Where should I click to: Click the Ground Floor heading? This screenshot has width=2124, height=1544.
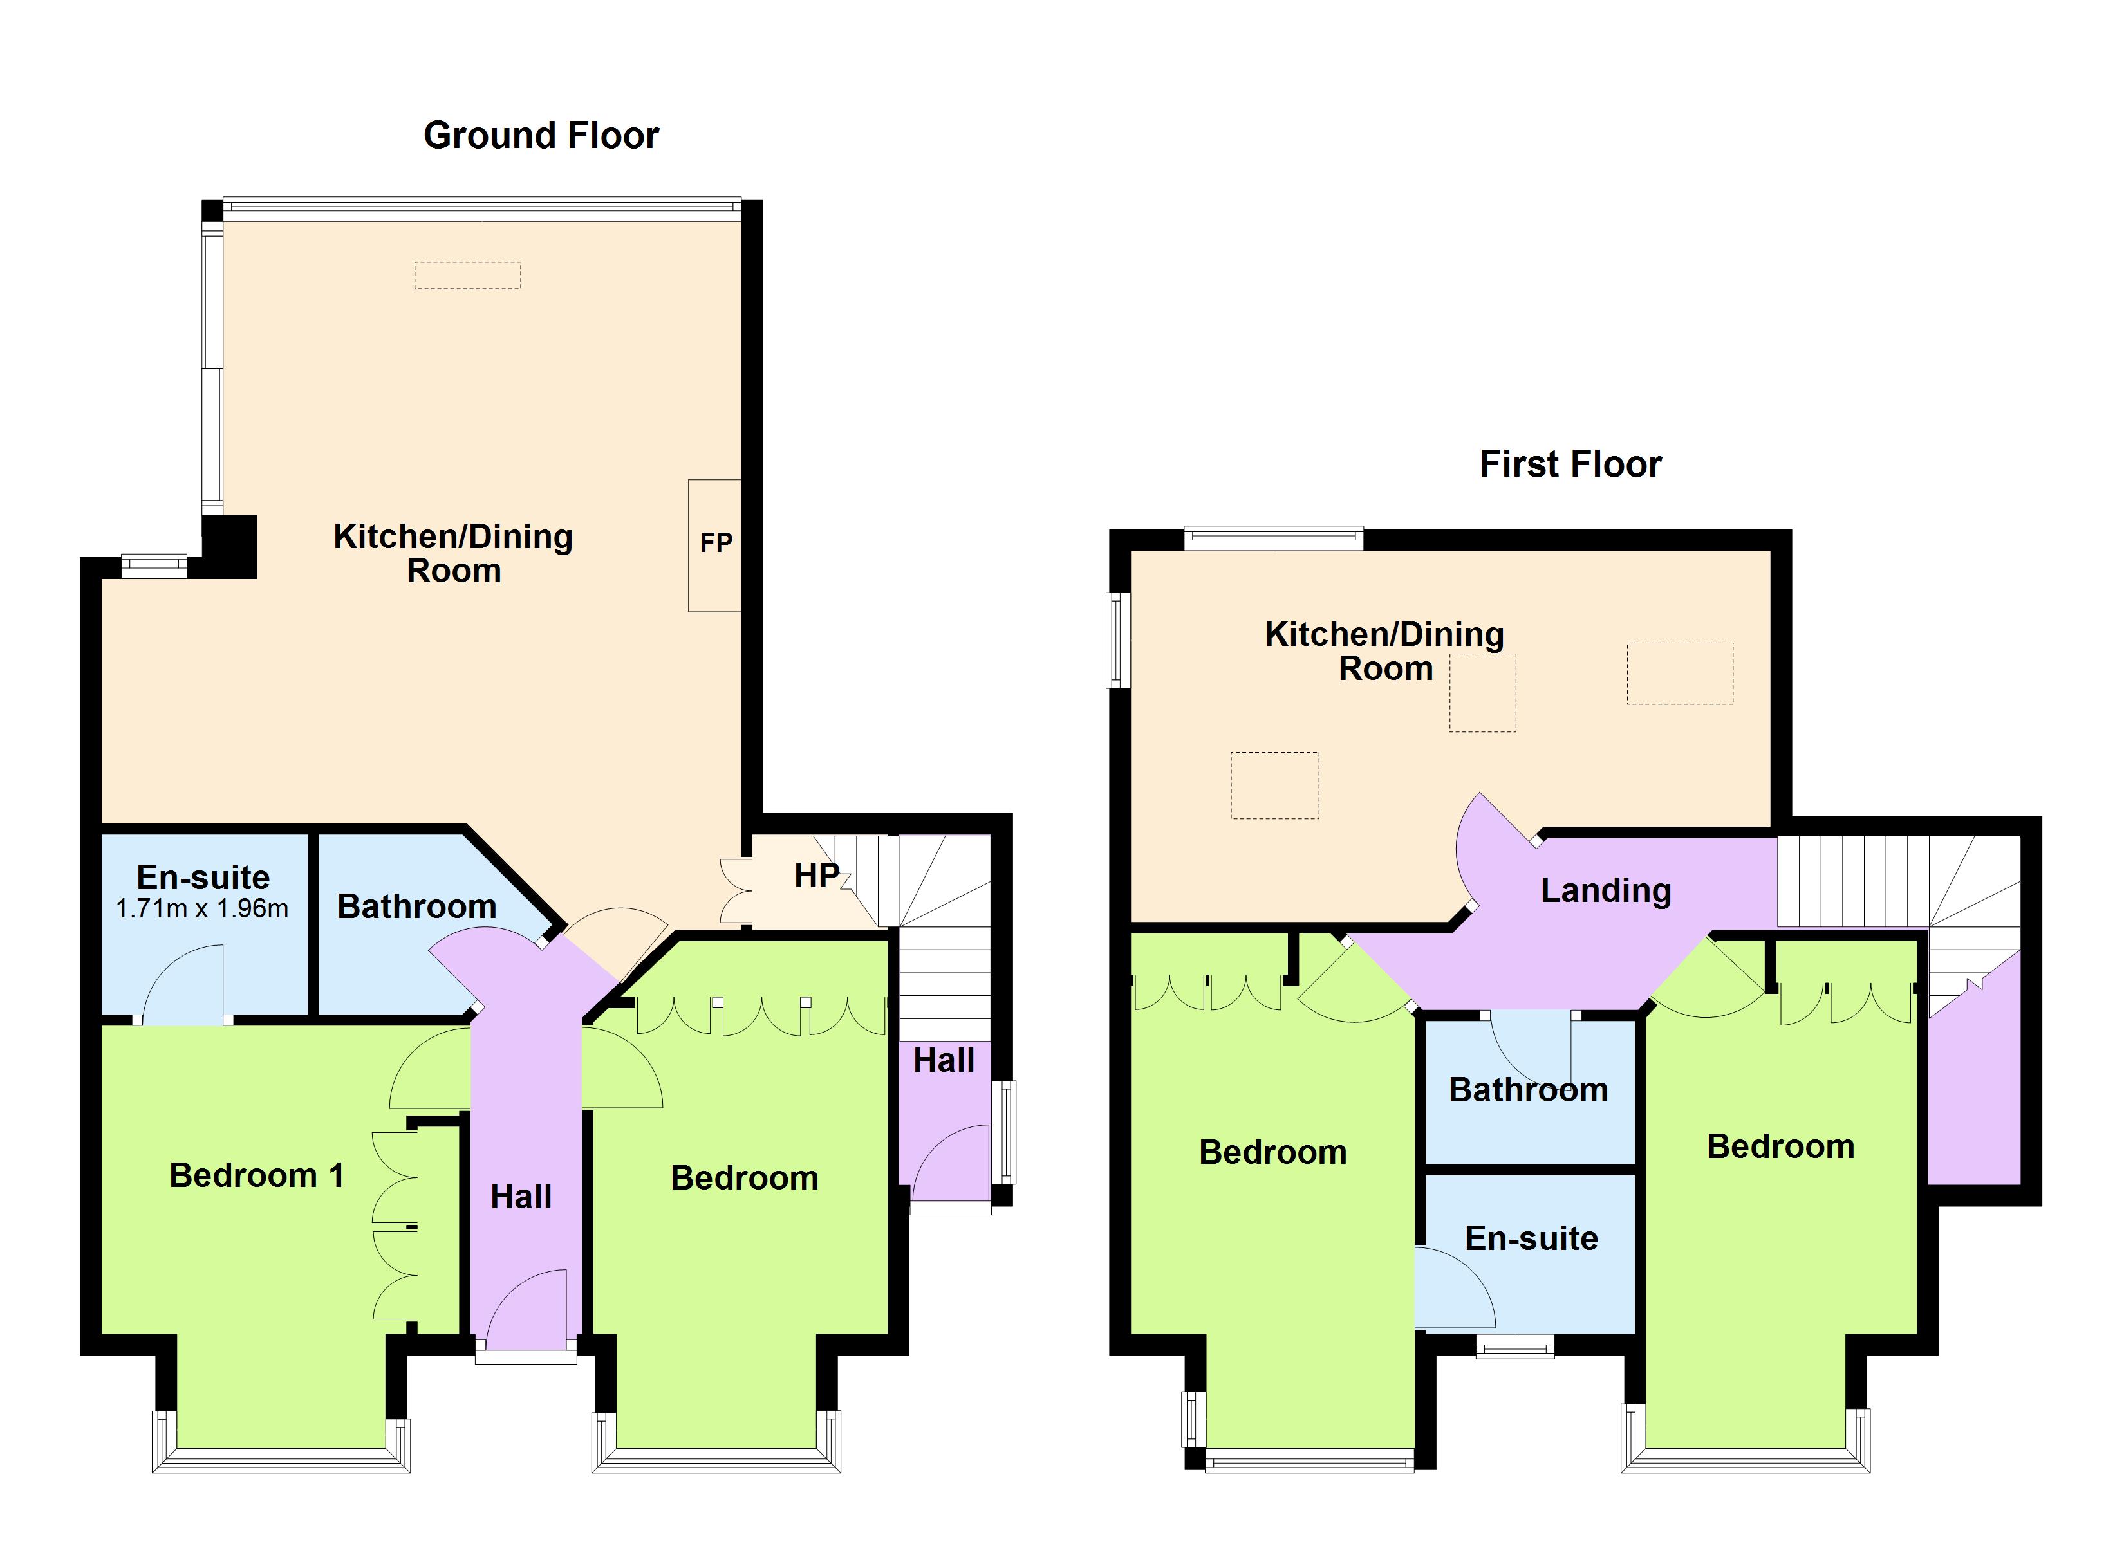tap(541, 136)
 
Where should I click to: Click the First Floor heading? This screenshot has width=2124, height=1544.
tap(1570, 464)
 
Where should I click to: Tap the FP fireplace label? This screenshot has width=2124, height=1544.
tap(716, 543)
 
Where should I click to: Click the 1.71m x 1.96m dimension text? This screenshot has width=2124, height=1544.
tap(202, 909)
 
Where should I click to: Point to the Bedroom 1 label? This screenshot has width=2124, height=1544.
tap(257, 1176)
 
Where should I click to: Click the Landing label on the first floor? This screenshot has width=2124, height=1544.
tap(1605, 890)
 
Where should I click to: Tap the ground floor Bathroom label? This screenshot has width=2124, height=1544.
tap(416, 907)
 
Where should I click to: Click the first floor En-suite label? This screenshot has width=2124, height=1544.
tap(1531, 1239)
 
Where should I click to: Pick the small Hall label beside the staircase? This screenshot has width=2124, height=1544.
tap(944, 1061)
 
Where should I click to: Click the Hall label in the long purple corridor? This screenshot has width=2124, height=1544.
tap(521, 1197)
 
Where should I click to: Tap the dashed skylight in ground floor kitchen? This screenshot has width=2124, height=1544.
tap(467, 275)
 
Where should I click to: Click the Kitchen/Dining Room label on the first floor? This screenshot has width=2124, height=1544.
tap(1384, 652)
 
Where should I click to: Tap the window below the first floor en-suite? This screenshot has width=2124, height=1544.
tap(1515, 1347)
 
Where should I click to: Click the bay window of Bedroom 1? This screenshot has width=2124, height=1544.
tap(281, 1460)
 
